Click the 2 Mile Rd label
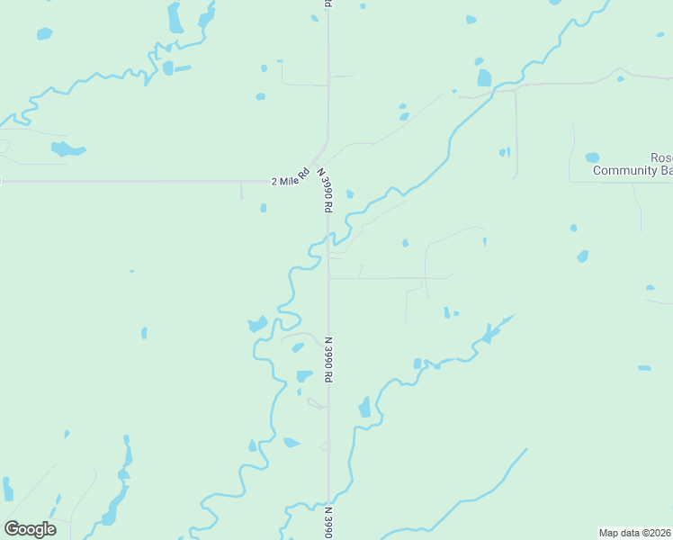coord(291,177)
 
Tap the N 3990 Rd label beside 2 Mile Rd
coord(325,189)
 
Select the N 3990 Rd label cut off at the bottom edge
coord(328,522)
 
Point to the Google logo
coord(30,529)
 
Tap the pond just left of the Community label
coord(592,157)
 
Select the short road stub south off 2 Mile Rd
coord(241,191)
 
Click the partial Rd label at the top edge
coord(328,4)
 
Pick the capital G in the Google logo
coord(12,529)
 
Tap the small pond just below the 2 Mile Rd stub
coord(263,208)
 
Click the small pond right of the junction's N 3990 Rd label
coord(349,193)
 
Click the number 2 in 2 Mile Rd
coord(274,182)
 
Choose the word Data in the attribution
coord(630,533)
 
